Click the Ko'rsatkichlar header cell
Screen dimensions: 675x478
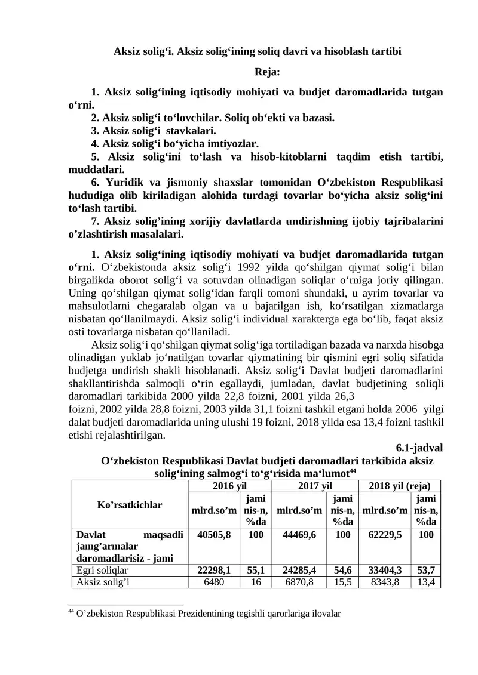[x=130, y=505]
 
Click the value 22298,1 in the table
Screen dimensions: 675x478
[x=213, y=571]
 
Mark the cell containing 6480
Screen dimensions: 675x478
[x=213, y=582]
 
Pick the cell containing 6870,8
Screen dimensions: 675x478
[x=299, y=582]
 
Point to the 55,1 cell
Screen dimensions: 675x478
[x=256, y=571]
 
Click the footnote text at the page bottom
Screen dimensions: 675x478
[x=205, y=613]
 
